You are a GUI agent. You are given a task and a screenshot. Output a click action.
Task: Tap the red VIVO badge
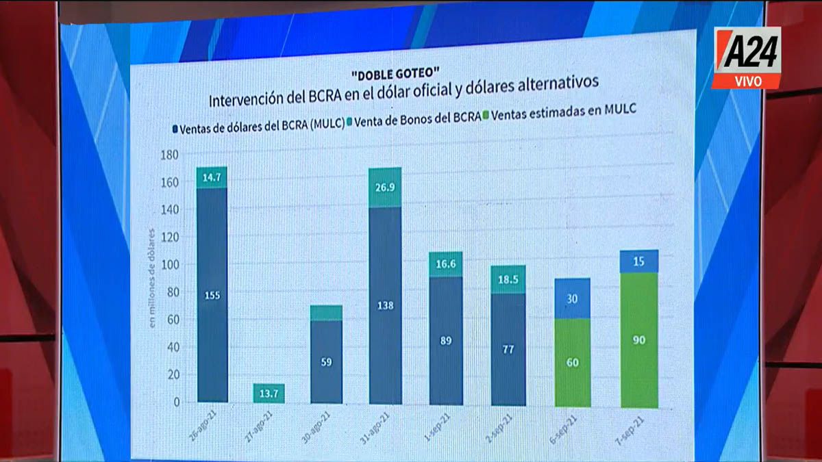pyautogui.click(x=747, y=81)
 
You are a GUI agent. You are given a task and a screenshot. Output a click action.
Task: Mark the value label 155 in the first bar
pyautogui.click(x=212, y=295)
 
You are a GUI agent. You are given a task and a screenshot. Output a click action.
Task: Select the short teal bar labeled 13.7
pyautogui.click(x=270, y=393)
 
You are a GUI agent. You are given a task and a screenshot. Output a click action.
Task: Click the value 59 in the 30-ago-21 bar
pyautogui.click(x=326, y=362)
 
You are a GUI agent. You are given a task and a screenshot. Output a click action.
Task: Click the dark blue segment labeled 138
pyautogui.click(x=385, y=305)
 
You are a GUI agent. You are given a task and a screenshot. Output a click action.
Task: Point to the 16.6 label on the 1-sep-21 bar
pyautogui.click(x=445, y=264)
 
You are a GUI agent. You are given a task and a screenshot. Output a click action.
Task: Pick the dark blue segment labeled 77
pyautogui.click(x=508, y=349)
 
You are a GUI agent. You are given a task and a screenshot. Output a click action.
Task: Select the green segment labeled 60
pyautogui.click(x=573, y=363)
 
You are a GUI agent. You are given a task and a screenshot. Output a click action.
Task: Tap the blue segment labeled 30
pyautogui.click(x=573, y=298)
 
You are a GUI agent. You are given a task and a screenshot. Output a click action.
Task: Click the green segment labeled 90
pyautogui.click(x=639, y=339)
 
